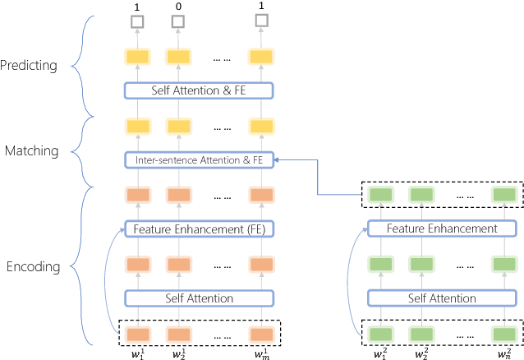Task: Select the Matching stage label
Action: point(31,151)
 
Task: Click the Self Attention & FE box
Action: point(198,90)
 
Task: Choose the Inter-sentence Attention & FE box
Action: point(198,159)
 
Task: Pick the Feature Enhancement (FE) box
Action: point(198,228)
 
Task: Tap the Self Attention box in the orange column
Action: point(198,298)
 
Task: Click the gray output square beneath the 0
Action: point(177,21)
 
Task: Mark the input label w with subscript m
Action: point(260,353)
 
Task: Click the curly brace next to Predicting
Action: point(79,65)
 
